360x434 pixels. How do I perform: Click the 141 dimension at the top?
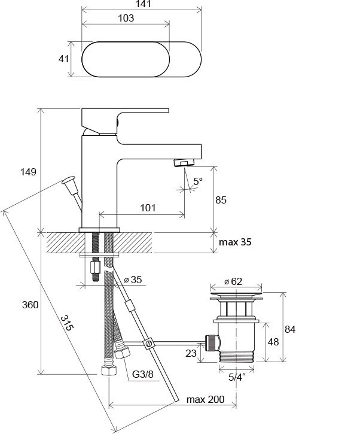point(144,4)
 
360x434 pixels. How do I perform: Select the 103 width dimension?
point(126,19)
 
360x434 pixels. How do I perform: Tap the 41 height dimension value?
point(63,59)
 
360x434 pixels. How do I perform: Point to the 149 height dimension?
point(28,172)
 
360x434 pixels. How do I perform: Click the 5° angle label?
point(198,181)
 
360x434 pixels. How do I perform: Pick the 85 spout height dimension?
point(221,200)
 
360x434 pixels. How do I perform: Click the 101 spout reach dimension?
point(148,208)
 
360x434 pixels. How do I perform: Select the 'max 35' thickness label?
point(235,242)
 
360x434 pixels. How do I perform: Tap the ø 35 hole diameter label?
point(133,280)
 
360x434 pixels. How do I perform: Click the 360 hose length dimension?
point(30,305)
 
